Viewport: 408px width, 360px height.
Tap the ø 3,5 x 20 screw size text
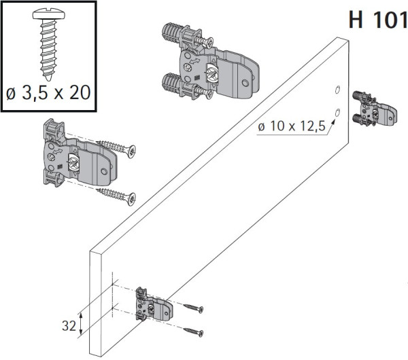pos(48,92)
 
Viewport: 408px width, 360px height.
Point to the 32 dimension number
pos(68,325)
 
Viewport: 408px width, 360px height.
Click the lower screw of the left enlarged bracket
pos(117,195)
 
